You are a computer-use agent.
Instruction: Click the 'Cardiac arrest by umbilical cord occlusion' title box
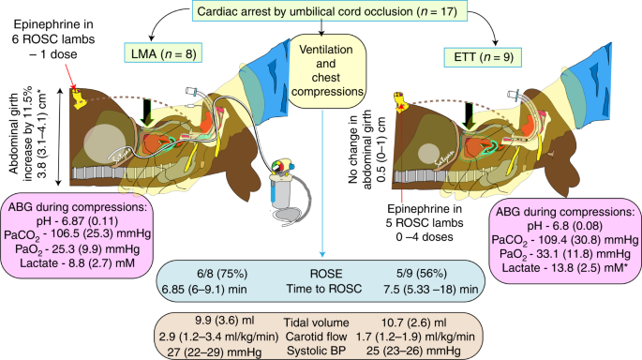[327, 11]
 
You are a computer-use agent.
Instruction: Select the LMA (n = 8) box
[163, 53]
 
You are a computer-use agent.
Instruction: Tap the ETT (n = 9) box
[484, 56]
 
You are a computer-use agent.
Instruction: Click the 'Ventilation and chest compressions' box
[326, 70]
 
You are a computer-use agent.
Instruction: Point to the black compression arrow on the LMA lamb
[147, 111]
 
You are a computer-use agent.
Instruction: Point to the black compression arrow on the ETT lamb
[469, 116]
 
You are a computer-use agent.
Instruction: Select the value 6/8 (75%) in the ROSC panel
[222, 274]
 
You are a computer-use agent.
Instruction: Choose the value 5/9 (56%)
[422, 274]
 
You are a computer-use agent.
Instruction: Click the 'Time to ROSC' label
[324, 289]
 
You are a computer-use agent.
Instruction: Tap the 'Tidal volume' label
[317, 322]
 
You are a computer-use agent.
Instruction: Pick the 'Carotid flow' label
[316, 337]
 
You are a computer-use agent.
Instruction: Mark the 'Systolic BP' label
[316, 351]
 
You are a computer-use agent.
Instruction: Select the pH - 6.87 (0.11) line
[78, 221]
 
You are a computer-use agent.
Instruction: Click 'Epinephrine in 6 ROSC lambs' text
[53, 32]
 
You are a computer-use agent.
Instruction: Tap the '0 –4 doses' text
[425, 237]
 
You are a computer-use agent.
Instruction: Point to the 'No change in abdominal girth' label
[360, 149]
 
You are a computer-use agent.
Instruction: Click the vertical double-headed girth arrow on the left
[60, 137]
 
